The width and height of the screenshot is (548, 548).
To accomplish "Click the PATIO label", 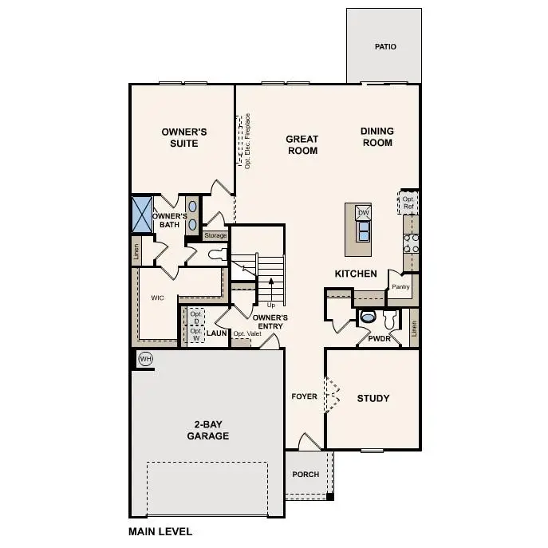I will (385, 47).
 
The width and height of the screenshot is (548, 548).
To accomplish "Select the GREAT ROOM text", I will (302, 144).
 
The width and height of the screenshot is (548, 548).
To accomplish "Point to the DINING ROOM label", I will (377, 137).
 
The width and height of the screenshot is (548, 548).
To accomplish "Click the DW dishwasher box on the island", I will (363, 213).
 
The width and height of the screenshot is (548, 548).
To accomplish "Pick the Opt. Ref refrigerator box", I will (408, 203).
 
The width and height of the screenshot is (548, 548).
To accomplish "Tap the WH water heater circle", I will (145, 359).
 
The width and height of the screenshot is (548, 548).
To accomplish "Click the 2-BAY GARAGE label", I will (207, 430).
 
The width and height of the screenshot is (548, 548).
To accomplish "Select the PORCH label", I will (306, 475).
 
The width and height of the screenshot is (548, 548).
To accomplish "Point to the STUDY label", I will (373, 398).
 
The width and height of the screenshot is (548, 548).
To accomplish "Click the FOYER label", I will (305, 396).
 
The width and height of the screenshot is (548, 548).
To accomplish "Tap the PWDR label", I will (379, 339).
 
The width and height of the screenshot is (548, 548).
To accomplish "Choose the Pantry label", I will (400, 286).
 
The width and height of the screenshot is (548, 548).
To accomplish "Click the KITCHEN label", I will (356, 274).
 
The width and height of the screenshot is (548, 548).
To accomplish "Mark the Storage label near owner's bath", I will (215, 235).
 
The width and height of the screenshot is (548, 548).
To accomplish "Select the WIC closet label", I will (157, 298).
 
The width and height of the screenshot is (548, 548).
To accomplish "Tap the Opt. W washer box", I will (195, 333).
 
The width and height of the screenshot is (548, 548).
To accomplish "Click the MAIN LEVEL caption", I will (160, 530).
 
